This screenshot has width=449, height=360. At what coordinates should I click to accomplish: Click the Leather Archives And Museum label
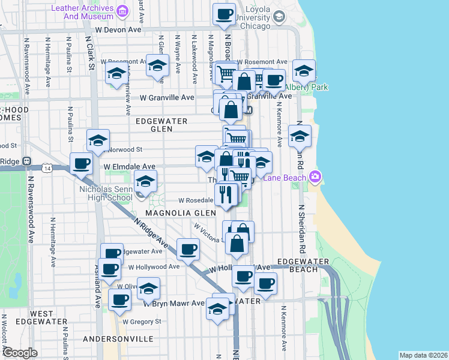(83, 12)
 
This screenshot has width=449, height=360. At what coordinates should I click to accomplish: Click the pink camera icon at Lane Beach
(315, 176)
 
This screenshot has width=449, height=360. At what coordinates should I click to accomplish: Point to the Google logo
(20, 353)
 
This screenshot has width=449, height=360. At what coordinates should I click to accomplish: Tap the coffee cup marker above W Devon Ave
(224, 14)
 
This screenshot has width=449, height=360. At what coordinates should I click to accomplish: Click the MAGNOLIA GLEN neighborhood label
(179, 213)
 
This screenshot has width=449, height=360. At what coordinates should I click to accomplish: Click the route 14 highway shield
(46, 170)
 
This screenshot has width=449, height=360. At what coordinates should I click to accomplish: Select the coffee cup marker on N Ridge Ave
(188, 248)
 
